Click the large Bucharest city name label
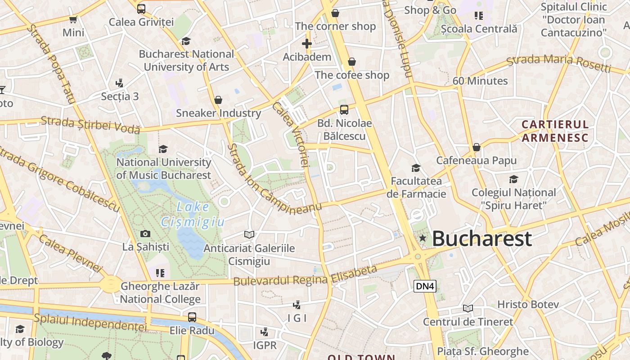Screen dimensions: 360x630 point(481,238)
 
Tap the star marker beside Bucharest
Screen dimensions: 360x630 point(422,238)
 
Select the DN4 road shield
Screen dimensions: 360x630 point(425,286)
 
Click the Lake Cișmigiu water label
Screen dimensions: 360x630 point(193,214)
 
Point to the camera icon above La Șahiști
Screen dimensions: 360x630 point(145,234)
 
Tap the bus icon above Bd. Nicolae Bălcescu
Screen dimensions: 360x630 point(344,109)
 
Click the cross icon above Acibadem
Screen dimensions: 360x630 point(307,44)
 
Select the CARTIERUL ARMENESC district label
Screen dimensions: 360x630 point(555,131)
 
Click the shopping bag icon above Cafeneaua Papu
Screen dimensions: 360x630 point(477,147)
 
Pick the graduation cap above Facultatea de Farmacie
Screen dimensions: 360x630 point(416,168)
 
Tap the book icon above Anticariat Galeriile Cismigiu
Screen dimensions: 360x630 point(249,234)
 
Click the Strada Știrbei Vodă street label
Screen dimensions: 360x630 point(90,125)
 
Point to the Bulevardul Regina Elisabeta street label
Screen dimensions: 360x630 point(305,275)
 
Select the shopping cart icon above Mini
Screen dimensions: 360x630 point(73,19)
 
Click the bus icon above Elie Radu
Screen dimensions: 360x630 point(192,317)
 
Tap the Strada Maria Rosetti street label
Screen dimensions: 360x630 point(559,63)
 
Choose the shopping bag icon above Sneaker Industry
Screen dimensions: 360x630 point(218,100)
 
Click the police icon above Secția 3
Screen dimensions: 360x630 point(119,83)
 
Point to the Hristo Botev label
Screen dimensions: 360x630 point(528,304)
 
